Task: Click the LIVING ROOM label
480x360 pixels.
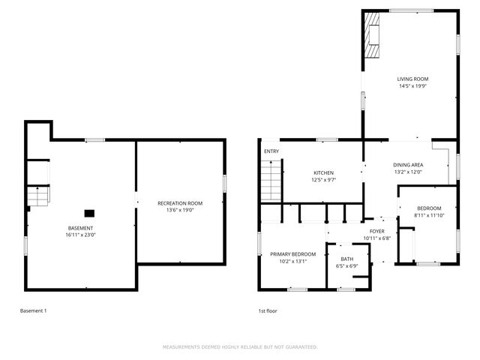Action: click(x=412, y=79)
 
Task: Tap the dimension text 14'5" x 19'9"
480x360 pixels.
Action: click(x=412, y=85)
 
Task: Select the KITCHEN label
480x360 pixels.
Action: click(x=323, y=172)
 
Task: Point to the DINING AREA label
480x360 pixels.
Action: click(x=408, y=164)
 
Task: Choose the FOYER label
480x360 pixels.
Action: click(x=377, y=231)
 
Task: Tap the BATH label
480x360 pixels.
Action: click(x=346, y=258)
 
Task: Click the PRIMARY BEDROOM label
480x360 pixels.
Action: click(x=293, y=254)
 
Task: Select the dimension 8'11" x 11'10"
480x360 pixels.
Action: click(x=429, y=215)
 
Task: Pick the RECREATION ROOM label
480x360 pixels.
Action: click(x=180, y=203)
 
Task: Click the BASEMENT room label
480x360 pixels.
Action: click(x=81, y=228)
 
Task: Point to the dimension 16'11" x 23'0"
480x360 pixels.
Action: click(x=81, y=235)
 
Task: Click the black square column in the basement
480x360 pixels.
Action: click(x=89, y=212)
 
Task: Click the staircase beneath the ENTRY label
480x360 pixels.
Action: click(x=270, y=181)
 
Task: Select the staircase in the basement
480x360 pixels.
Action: click(x=38, y=196)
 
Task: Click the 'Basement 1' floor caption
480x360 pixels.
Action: click(x=33, y=310)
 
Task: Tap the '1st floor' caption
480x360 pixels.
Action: click(x=267, y=310)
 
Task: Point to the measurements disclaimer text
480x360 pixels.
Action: click(x=240, y=347)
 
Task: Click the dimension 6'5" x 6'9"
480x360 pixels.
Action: click(x=346, y=265)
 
